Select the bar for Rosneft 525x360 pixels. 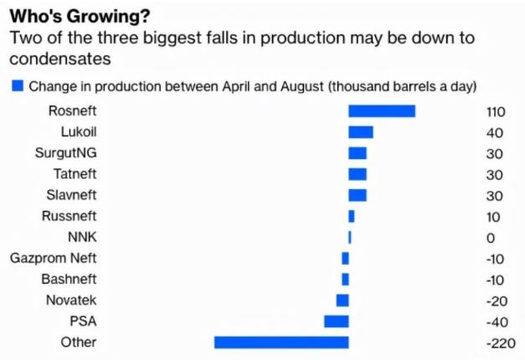pyautogui.click(x=382, y=111)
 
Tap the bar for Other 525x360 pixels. pyautogui.click(x=281, y=342)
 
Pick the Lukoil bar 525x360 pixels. pyautogui.click(x=360, y=132)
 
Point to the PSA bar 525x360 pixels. pyautogui.click(x=337, y=321)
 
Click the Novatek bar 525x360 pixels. pyautogui.click(x=342, y=300)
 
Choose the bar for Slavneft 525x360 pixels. pyautogui.click(x=358, y=195)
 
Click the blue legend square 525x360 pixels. pyautogui.click(x=17, y=85)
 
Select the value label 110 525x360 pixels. pyautogui.click(x=497, y=111)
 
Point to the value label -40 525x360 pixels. pyautogui.click(x=497, y=321)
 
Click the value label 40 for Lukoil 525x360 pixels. pyautogui.click(x=494, y=132)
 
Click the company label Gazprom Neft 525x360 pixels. pyautogui.click(x=54, y=258)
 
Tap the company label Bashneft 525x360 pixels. pyautogui.click(x=69, y=279)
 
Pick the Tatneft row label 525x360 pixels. pyautogui.click(x=74, y=174)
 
